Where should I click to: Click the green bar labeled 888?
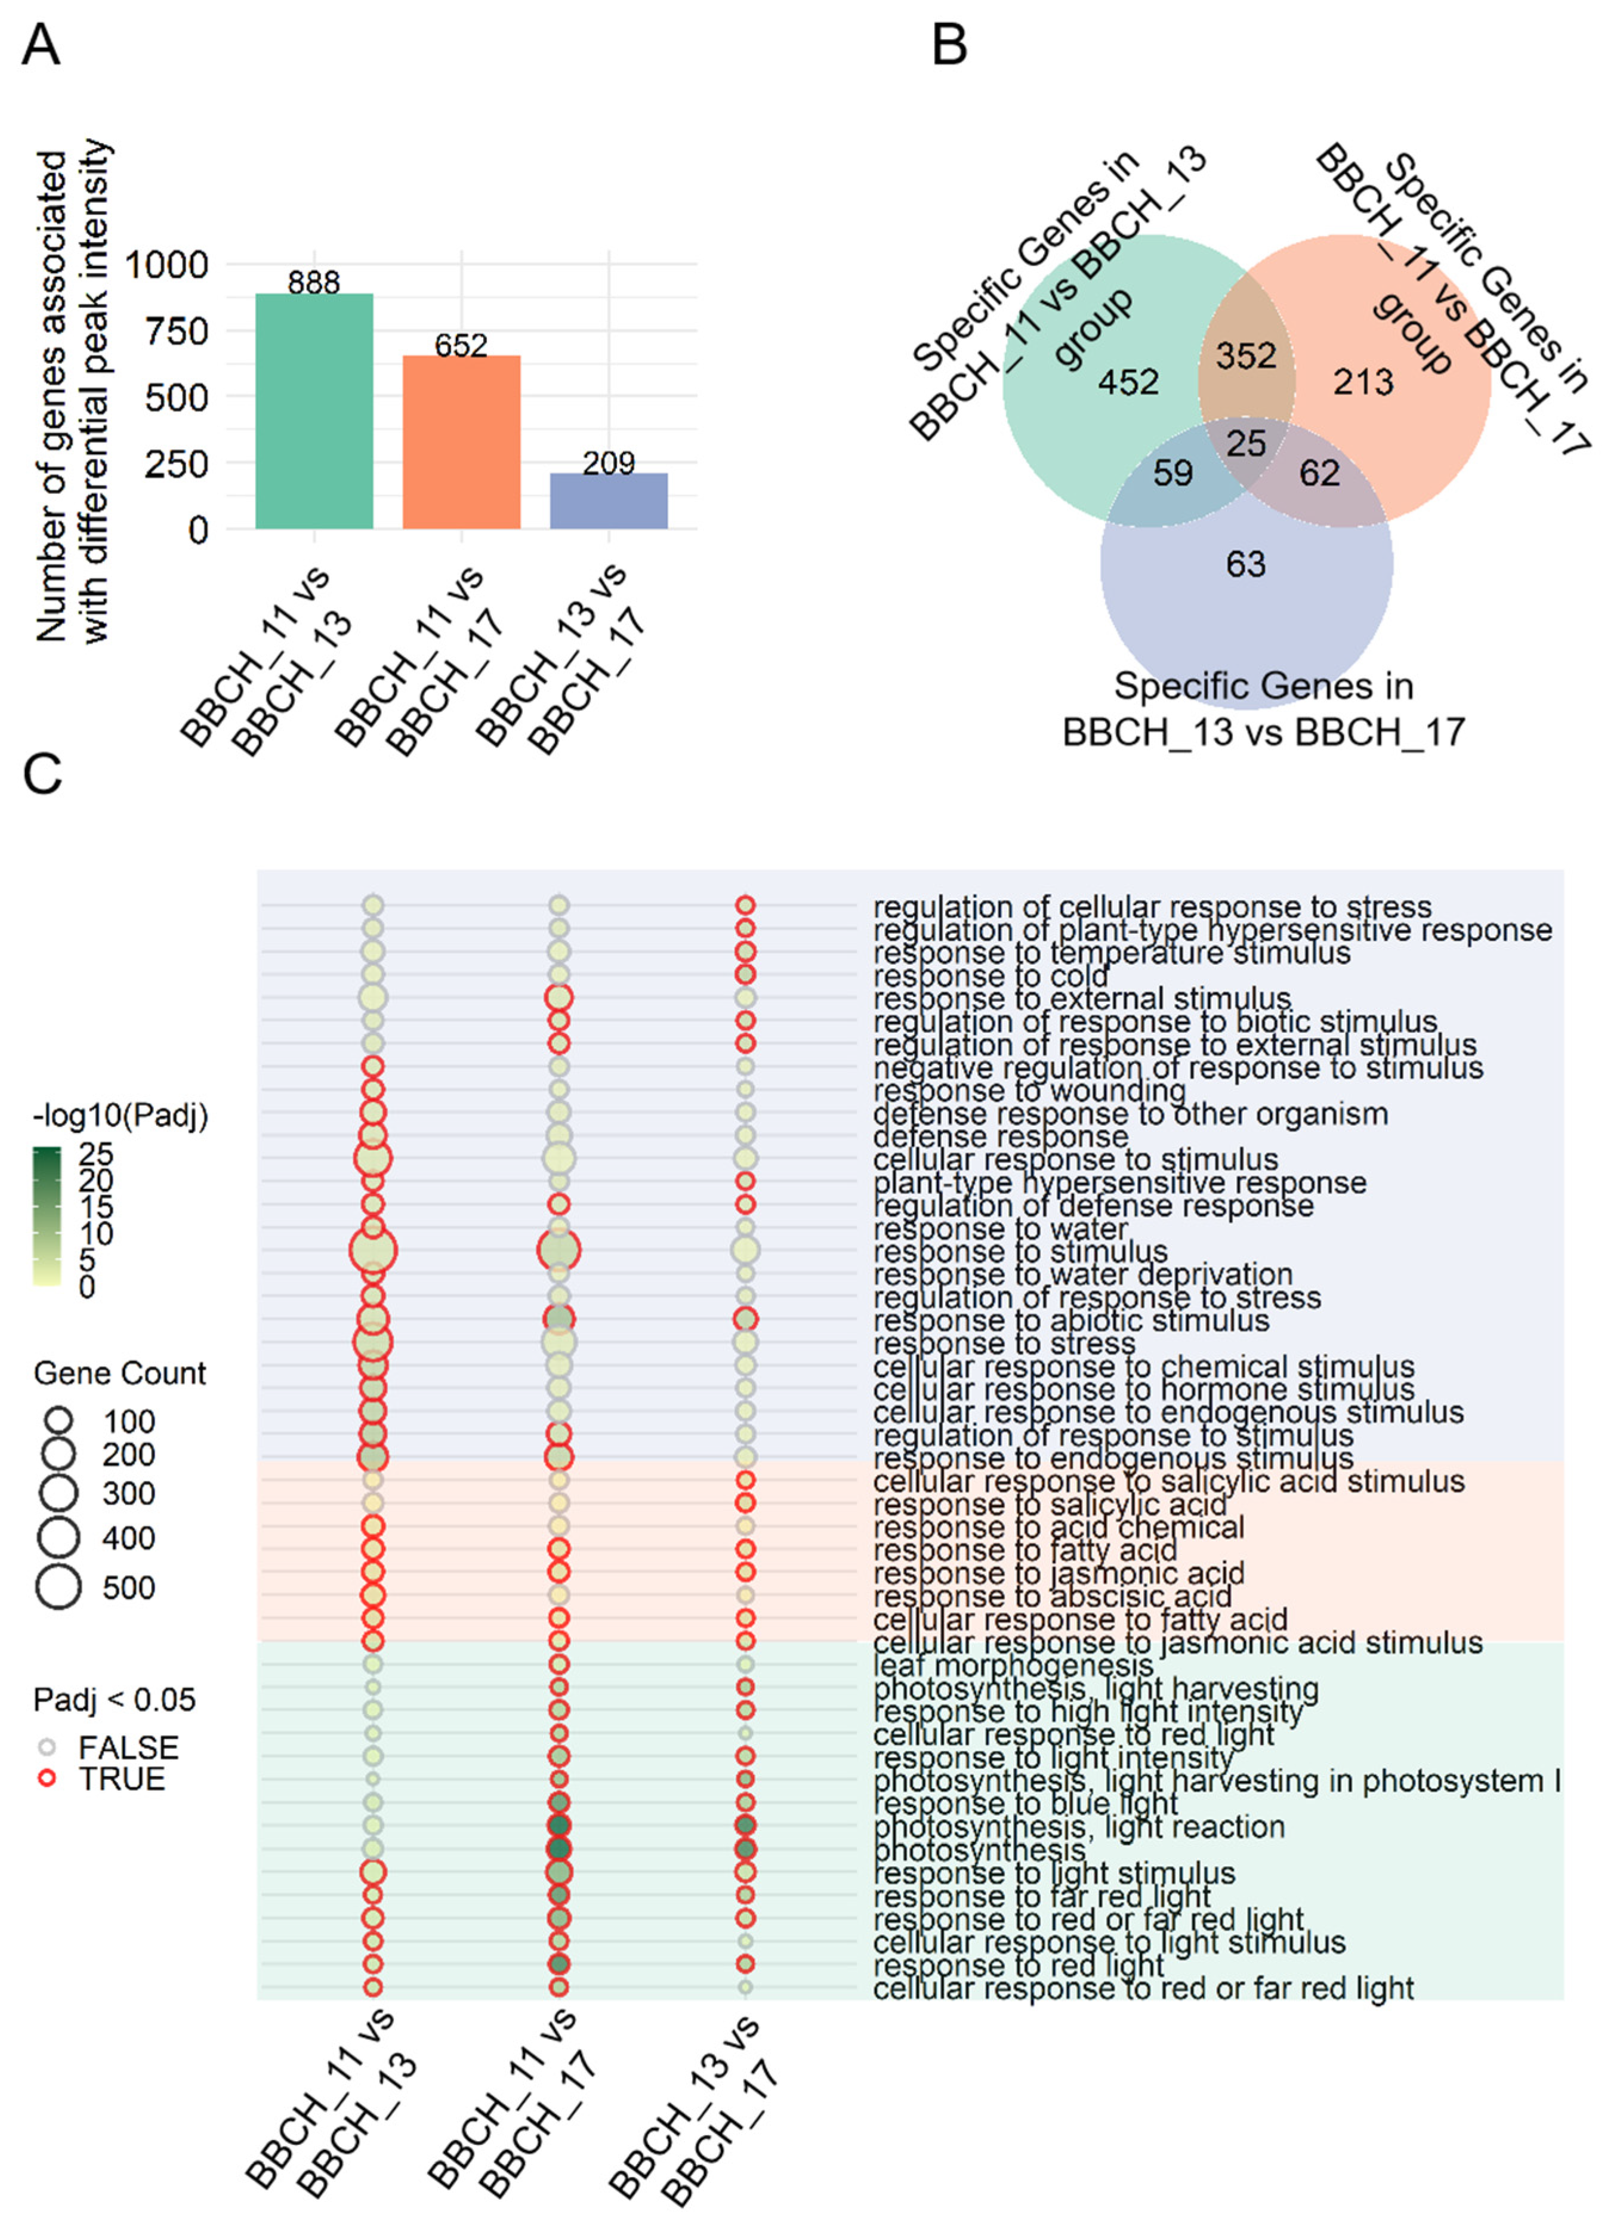point(314,412)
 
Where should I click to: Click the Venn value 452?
point(1128,381)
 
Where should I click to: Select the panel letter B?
point(949,46)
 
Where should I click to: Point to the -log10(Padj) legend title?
point(120,1116)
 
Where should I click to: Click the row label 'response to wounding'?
point(1030,1091)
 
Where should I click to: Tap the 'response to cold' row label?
point(990,975)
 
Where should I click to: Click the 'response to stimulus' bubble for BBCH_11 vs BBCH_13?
point(373,1251)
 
